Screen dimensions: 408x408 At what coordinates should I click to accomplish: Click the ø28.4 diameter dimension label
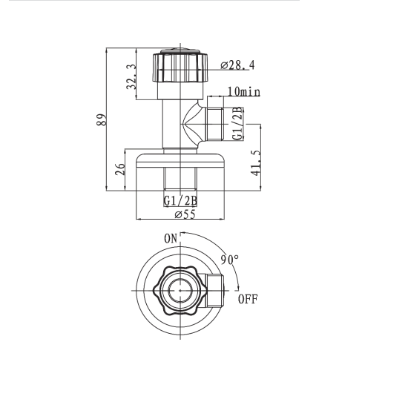[x=237, y=65]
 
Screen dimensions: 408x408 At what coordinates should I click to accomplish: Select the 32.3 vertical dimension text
[x=131, y=76]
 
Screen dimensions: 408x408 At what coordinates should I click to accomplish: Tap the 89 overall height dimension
[x=102, y=119]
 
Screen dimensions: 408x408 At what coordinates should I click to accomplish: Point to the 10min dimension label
[x=244, y=91]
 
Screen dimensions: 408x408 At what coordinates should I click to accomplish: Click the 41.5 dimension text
[x=256, y=163]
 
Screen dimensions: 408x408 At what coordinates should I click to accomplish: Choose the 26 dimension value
[x=120, y=169]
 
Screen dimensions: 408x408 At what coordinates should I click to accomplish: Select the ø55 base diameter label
[x=185, y=214]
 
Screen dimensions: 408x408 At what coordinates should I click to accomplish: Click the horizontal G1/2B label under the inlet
[x=180, y=200]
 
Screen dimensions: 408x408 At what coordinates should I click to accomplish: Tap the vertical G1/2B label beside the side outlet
[x=237, y=124]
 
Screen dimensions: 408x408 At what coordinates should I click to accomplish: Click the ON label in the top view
[x=171, y=239]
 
